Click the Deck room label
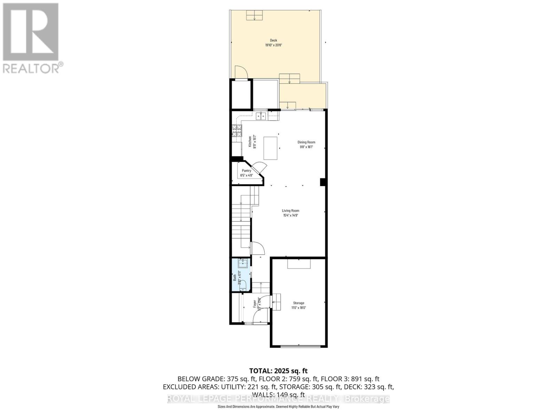274,40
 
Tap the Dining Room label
306,142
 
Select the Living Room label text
291,211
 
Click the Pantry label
246,171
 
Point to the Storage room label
298,303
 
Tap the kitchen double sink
261,116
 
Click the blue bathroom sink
243,264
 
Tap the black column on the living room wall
323,182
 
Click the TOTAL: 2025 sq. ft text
278,371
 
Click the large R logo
31,32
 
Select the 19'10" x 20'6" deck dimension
274,45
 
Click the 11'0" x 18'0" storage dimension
298,308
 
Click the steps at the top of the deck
255,16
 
